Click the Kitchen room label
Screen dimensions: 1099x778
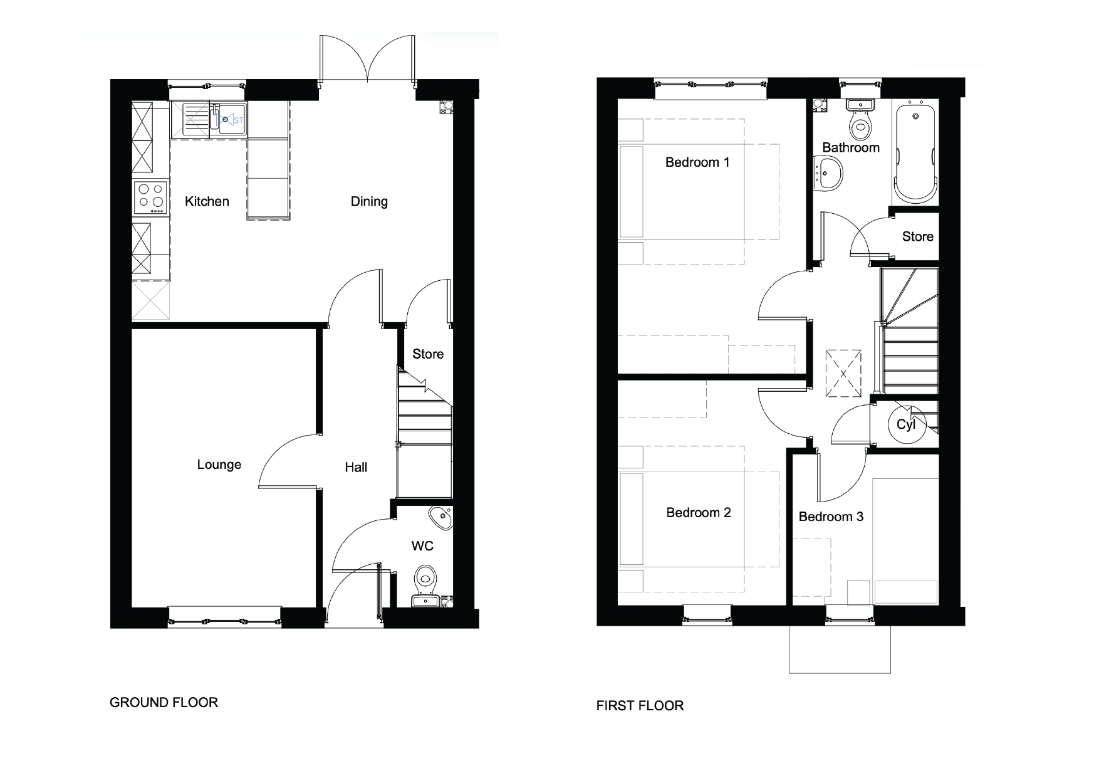coord(207,201)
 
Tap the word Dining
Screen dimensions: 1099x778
coord(369,201)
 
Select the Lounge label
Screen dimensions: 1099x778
coord(219,465)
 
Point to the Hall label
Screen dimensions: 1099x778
coord(356,467)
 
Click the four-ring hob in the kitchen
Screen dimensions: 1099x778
coord(151,195)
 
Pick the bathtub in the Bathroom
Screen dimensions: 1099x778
coord(915,154)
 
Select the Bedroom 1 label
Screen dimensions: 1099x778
coord(697,162)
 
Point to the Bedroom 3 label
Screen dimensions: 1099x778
coord(831,517)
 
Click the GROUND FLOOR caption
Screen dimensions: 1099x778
coord(164,703)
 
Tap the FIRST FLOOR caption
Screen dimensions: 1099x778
coord(640,706)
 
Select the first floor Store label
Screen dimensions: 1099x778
coord(917,236)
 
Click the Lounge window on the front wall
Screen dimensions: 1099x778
coord(224,617)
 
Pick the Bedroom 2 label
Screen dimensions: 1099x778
coord(699,513)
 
